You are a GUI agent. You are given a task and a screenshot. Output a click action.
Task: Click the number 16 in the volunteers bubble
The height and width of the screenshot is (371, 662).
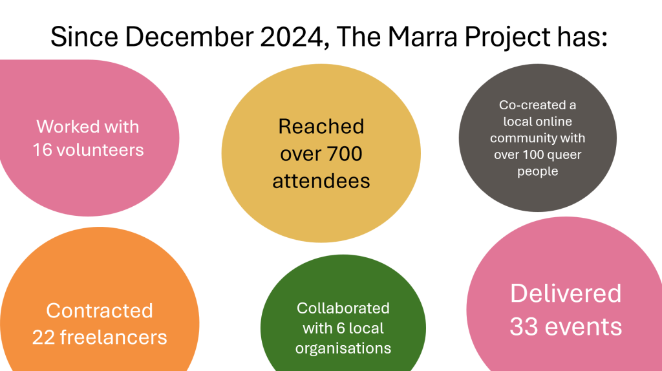(x=42, y=150)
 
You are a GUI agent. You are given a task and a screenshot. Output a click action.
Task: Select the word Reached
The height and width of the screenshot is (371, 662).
(x=321, y=127)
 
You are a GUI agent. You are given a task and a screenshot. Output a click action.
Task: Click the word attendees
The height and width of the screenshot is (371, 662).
(x=321, y=181)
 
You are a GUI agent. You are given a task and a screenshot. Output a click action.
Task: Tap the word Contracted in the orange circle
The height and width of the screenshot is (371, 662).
(x=99, y=311)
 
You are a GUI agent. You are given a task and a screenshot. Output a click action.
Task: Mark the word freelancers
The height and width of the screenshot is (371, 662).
(x=114, y=337)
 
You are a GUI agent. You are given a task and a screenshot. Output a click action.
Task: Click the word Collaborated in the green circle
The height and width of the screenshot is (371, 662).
(x=343, y=308)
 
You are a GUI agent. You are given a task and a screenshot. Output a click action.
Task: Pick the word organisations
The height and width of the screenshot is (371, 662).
(x=343, y=348)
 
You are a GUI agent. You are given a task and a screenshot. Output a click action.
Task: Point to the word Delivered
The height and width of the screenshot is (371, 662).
(x=566, y=293)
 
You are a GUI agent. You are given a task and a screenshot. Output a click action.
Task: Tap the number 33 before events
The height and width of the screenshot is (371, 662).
(x=524, y=326)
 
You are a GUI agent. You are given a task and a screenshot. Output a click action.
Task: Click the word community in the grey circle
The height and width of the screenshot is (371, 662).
(x=522, y=138)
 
